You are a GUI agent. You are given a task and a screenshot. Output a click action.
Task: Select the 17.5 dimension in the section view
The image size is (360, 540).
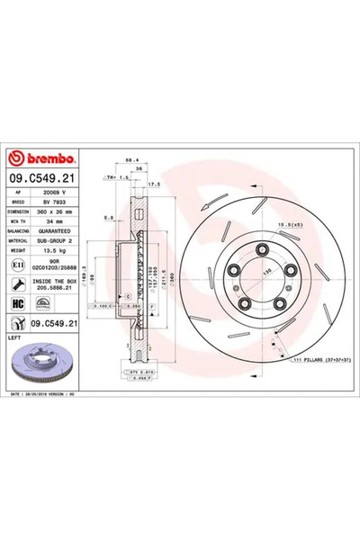pyautogui.click(x=154, y=184)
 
